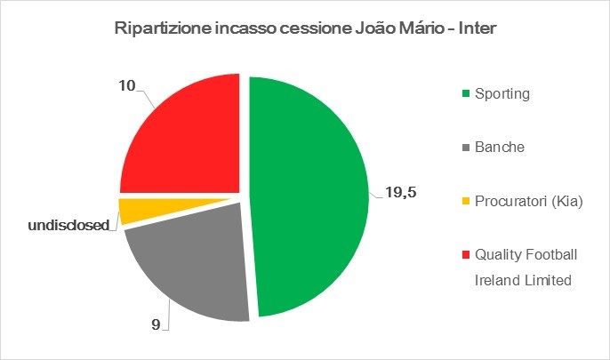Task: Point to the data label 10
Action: (128, 86)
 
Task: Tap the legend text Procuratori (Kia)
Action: (528, 202)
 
